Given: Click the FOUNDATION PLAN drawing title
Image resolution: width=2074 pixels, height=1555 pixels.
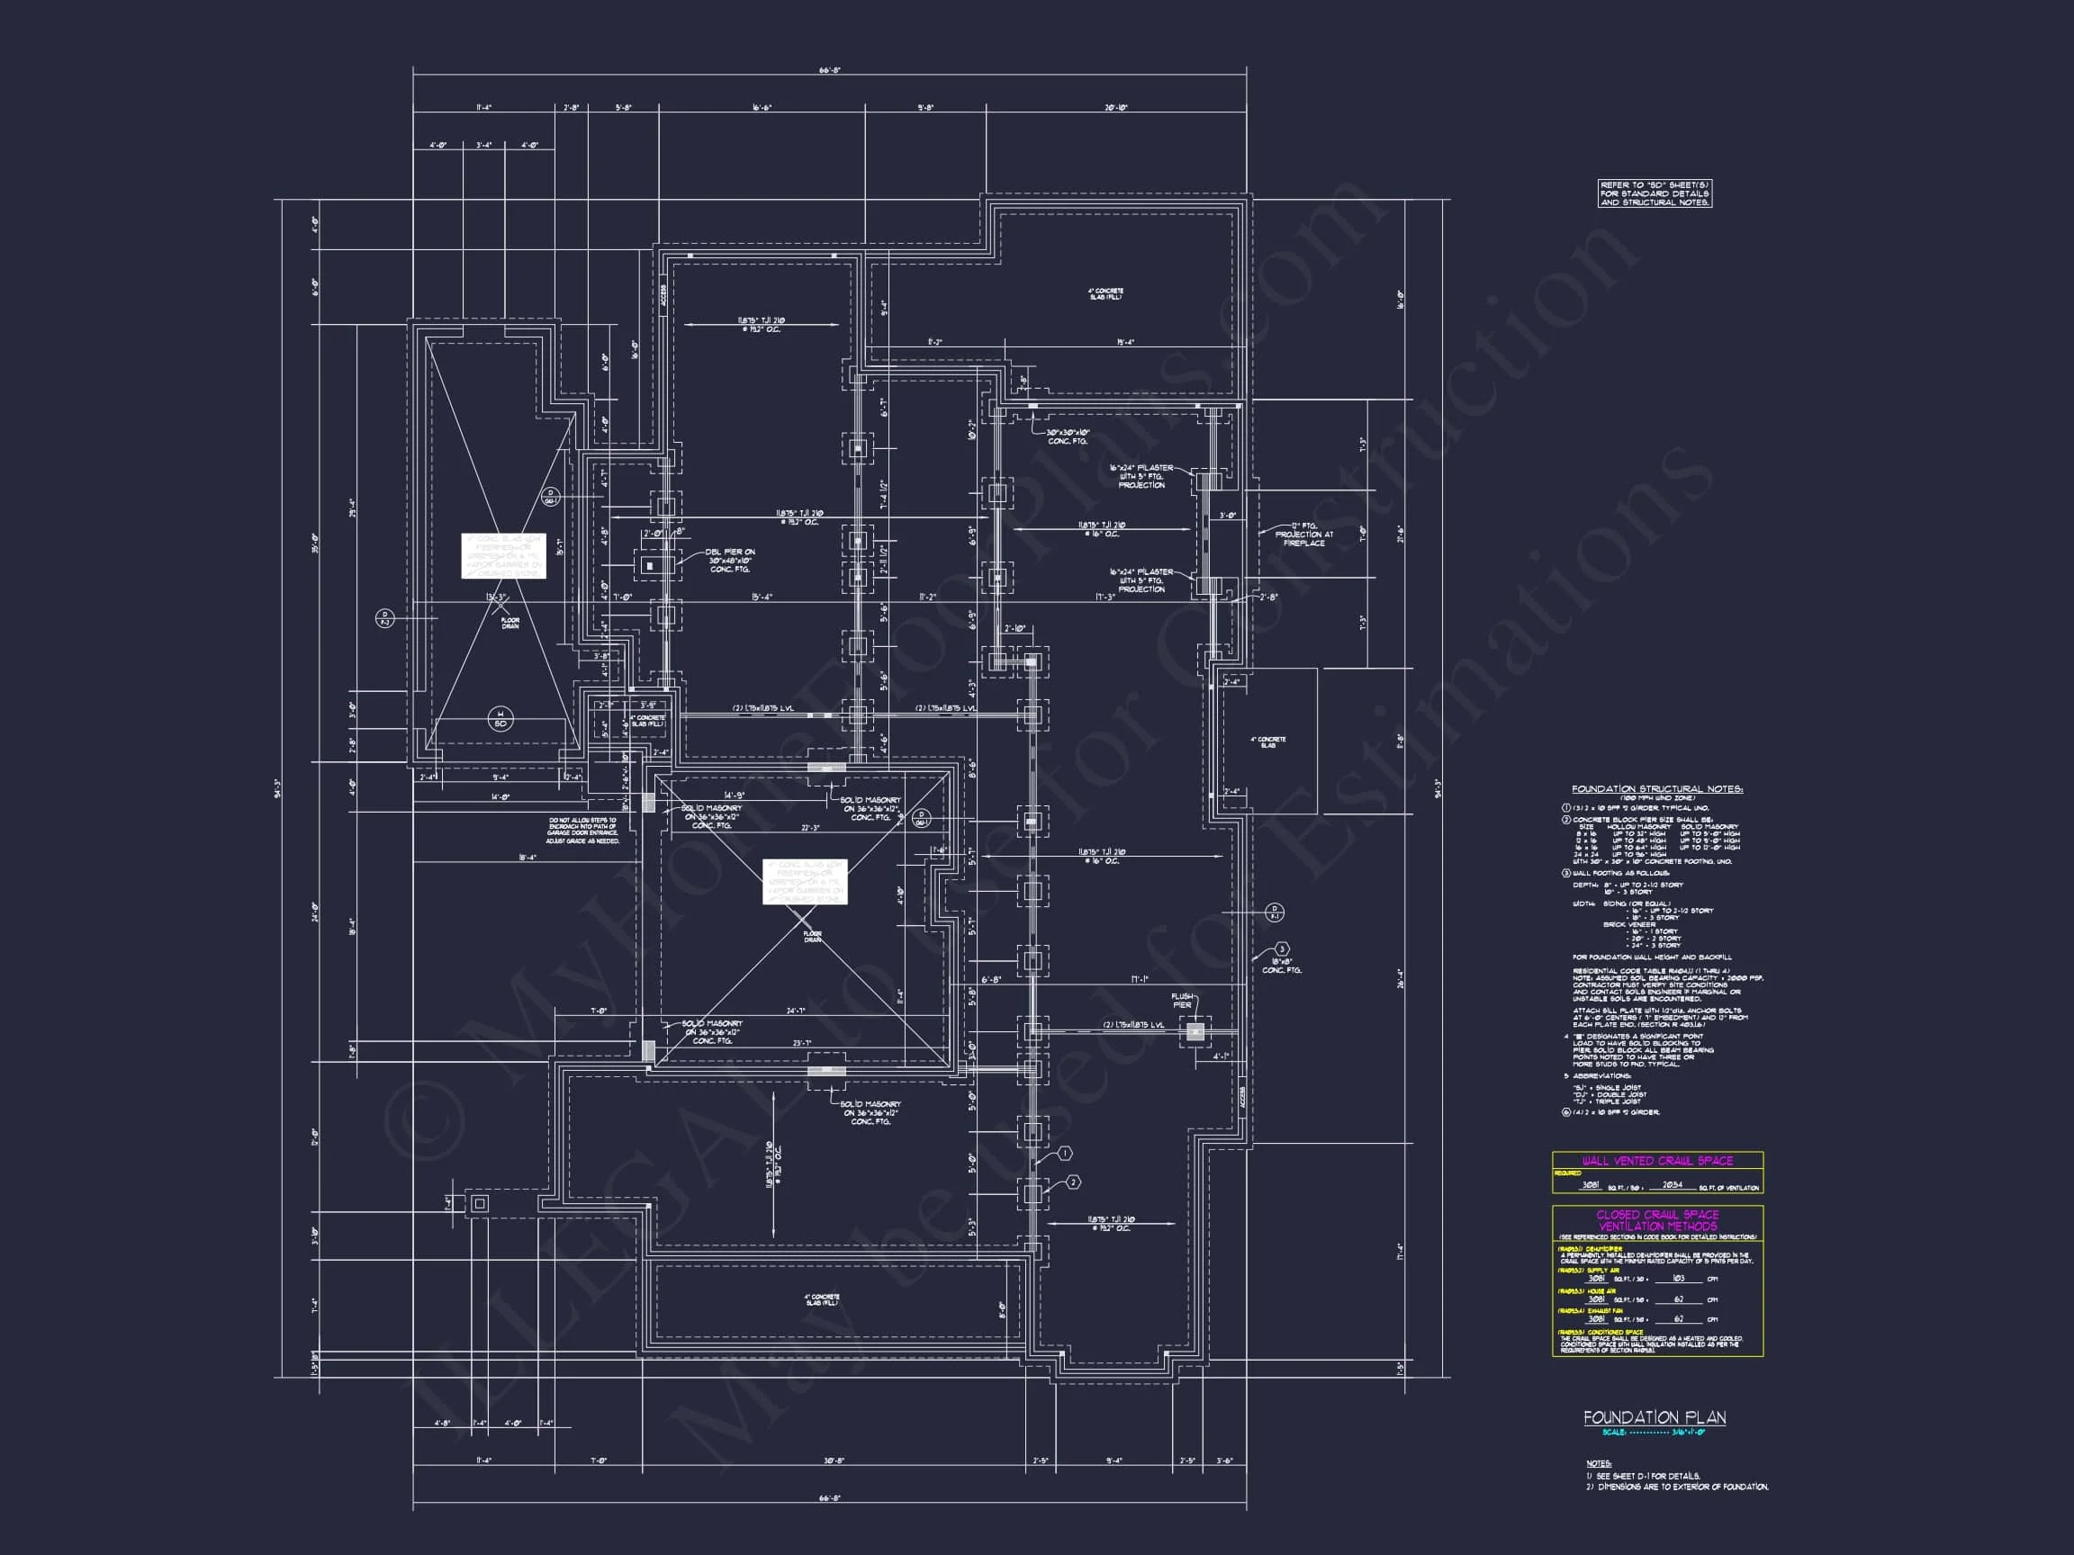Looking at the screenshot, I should click(1654, 1417).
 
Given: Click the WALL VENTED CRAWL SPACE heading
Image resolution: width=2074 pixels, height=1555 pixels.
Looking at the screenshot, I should click(1656, 1160).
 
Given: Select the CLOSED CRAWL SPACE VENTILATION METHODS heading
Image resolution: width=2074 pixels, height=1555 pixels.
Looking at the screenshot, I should click(1656, 1219).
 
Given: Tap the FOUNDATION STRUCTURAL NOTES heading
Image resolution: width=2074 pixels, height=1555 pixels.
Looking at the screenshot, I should click(1656, 789).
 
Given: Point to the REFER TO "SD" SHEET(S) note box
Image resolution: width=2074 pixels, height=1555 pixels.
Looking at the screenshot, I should click(1655, 194).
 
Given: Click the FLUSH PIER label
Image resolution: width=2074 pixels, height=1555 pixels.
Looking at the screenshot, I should click(1181, 1000).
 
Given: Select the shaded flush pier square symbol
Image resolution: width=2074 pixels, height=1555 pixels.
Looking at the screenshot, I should click(1195, 1032).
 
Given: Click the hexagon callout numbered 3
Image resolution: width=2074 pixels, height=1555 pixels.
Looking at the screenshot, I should click(1282, 949).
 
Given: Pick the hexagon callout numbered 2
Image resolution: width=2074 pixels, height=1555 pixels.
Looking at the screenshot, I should click(1074, 1182).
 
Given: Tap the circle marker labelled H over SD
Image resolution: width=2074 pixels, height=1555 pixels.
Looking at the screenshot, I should click(500, 719).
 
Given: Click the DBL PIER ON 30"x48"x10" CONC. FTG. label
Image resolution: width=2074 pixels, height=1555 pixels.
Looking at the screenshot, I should click(730, 561).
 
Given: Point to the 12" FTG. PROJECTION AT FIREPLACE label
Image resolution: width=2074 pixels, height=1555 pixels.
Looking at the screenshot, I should click(1303, 535).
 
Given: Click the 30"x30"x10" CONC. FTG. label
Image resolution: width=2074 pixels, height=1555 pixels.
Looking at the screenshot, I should click(1068, 436).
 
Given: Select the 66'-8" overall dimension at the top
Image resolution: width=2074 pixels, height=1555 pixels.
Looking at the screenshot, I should click(829, 70).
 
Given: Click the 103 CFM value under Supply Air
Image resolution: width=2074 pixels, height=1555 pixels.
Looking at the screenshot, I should click(1678, 1279).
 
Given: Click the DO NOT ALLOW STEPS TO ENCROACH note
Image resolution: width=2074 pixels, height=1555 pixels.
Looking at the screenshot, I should click(583, 831).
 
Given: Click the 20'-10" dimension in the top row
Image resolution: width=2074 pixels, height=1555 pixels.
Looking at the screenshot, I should click(1115, 108).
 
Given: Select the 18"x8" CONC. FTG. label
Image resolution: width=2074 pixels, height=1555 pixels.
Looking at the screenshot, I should click(1281, 966).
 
